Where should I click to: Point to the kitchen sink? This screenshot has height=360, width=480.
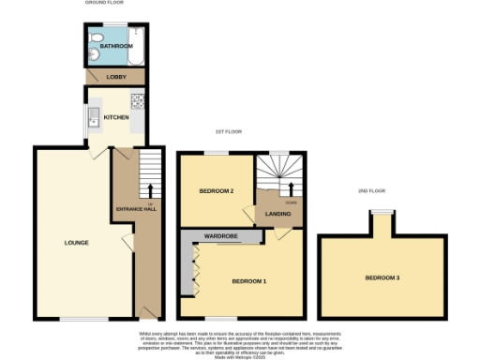click(x=94, y=117)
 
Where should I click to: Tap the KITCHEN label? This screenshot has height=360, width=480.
click(x=116, y=117)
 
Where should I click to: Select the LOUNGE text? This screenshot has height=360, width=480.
click(x=76, y=243)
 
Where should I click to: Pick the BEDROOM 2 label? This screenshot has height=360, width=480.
click(x=216, y=191)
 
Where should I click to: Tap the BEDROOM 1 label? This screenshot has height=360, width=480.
click(x=249, y=281)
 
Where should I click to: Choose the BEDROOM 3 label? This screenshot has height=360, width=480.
click(x=382, y=278)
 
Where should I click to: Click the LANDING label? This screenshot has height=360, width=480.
click(x=277, y=215)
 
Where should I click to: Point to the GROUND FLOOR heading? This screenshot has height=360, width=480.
click(x=106, y=4)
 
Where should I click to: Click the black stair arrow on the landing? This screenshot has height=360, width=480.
click(x=277, y=191)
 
